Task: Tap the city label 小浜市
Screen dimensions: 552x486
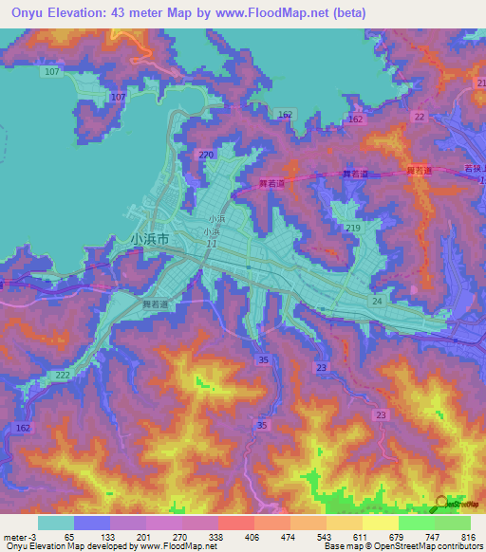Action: coord(150,240)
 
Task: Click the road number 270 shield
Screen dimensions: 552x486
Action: coord(207,155)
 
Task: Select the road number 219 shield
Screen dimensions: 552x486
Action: coord(353,229)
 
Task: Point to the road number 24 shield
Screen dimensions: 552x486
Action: coord(377,302)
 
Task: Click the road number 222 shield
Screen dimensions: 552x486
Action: coord(63,377)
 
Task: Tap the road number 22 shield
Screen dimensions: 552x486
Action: coord(419,116)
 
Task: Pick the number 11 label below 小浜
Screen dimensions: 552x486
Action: coord(210,244)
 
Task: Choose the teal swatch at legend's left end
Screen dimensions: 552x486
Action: coord(55,523)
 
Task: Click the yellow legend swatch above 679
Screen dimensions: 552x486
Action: coord(380,523)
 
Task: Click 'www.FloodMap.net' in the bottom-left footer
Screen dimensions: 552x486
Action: coord(178,547)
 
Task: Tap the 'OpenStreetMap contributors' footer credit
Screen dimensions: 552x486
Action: coord(433,547)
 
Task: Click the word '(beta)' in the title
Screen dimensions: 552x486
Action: coord(343,14)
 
